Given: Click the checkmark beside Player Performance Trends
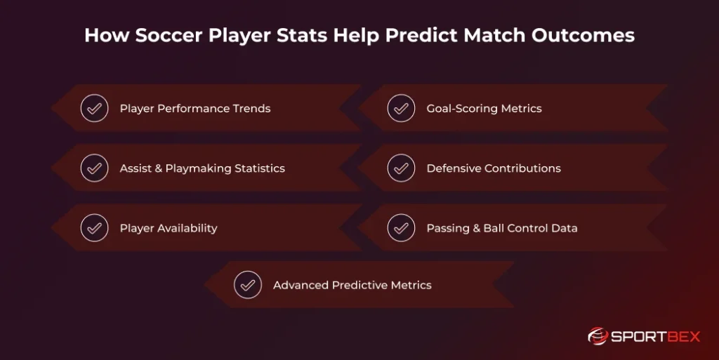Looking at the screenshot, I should pos(94,109).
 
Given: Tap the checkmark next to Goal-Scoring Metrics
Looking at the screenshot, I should pos(401,109).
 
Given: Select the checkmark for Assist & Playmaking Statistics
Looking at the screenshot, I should pos(94,168).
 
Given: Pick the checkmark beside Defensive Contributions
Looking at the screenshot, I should pos(401,168).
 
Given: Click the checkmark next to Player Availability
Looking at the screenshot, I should pos(94,228).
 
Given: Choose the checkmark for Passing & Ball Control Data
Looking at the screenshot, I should pos(401,228).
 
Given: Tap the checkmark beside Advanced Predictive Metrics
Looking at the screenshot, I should pos(247,285).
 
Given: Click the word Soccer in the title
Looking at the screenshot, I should pos(157,35).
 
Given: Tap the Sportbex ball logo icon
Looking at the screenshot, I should pos(598,336).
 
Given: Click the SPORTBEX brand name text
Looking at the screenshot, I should pos(656,337).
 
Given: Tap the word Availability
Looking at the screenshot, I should pos(187,228).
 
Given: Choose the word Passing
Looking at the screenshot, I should pos(447,228).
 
